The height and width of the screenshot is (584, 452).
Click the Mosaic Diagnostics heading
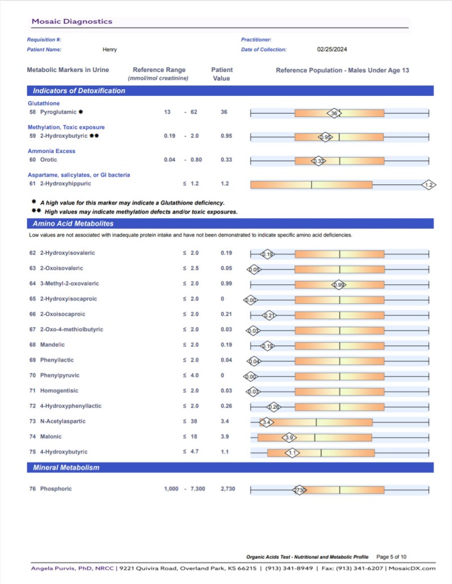72,22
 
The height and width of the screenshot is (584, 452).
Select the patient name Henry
110,50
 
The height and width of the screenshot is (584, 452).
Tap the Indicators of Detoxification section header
79,91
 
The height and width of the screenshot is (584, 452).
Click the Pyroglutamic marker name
58,112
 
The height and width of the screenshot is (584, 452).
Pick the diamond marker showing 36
334,113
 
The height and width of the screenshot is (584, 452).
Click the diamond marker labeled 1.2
430,184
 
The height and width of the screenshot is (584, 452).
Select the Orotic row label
49,160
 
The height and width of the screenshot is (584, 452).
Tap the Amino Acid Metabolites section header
73,224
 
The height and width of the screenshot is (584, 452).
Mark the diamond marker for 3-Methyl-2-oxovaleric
338,284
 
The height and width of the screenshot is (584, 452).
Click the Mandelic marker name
53,345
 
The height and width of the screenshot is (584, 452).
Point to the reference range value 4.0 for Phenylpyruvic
194,376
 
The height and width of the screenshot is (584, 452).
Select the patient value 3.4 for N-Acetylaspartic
225,422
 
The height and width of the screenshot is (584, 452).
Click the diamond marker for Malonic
289,437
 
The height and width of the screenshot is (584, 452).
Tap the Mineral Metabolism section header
66,468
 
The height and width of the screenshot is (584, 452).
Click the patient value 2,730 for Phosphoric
228,489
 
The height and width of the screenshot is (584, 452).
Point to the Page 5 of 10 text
392,557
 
